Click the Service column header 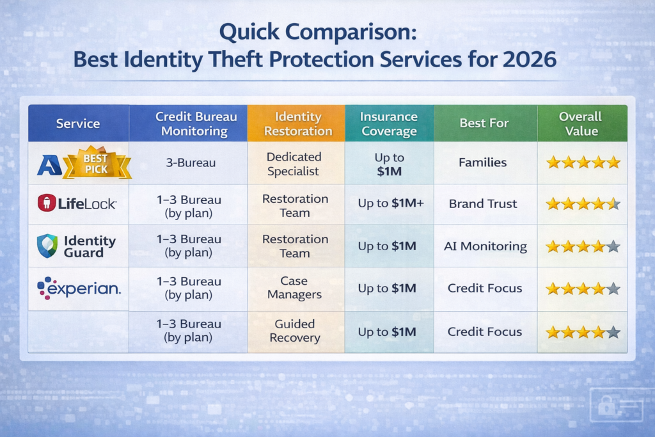pyautogui.click(x=77, y=123)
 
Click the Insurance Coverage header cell pyautogui.click(x=388, y=123)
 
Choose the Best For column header pyautogui.click(x=484, y=123)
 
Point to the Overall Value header pyautogui.click(x=581, y=123)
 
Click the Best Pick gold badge pyautogui.click(x=98, y=163)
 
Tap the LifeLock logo pyautogui.click(x=77, y=204)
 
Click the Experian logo pyautogui.click(x=78, y=288)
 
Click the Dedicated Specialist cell pyautogui.click(x=295, y=163)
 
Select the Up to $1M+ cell pyautogui.click(x=388, y=204)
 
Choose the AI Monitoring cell pyautogui.click(x=485, y=246)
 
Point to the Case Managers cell pyautogui.click(x=294, y=288)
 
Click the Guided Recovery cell pyautogui.click(x=295, y=331)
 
